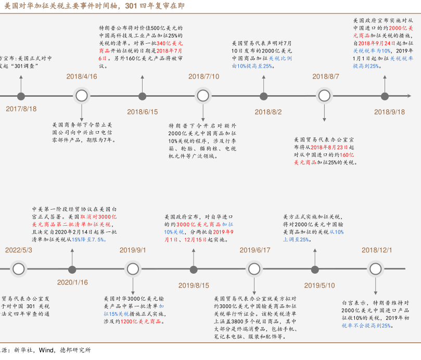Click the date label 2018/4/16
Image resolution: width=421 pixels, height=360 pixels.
coord(82,76)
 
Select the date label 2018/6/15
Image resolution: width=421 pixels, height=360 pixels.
coord(143,112)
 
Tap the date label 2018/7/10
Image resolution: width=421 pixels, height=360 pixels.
coord(203,76)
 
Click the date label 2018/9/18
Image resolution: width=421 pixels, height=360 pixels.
coord(389,112)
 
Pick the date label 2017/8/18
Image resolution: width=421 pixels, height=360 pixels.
coord(21,109)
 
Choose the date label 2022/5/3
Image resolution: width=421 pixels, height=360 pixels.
coord(19,250)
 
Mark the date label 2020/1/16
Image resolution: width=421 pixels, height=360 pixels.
coord(72,282)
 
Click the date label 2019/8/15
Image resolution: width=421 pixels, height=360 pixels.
coord(194,285)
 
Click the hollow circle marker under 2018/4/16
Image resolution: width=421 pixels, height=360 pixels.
coord(82,96)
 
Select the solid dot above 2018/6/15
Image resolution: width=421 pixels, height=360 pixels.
coord(143,96)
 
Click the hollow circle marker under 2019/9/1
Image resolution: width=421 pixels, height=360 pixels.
coord(133,269)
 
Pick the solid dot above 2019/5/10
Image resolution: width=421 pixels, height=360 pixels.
coord(315,269)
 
